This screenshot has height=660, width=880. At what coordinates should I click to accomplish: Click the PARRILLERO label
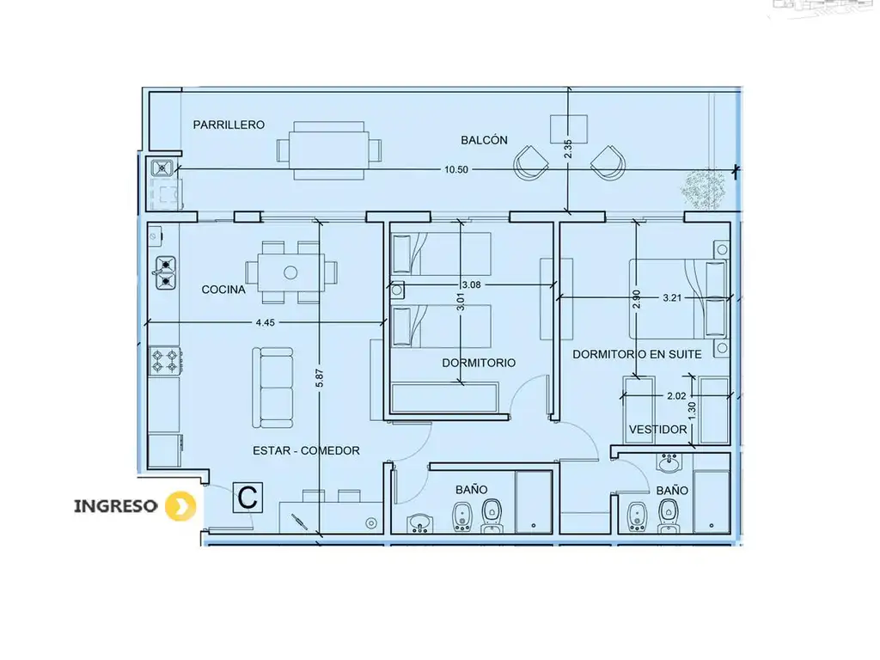pyautogui.click(x=229, y=125)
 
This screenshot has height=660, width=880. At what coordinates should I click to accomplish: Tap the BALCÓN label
pyautogui.click(x=484, y=140)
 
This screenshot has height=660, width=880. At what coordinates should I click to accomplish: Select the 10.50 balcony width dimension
pyautogui.click(x=455, y=169)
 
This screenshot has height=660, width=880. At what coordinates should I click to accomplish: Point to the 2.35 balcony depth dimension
pyautogui.click(x=568, y=149)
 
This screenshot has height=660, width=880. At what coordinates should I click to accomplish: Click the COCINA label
pyautogui.click(x=223, y=290)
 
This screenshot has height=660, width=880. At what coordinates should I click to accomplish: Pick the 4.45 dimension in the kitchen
pyautogui.click(x=265, y=323)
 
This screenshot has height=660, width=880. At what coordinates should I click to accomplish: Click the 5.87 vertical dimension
pyautogui.click(x=320, y=378)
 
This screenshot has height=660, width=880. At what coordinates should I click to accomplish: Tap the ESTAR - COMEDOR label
pyautogui.click(x=306, y=450)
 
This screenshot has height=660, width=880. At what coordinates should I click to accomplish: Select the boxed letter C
pyautogui.click(x=247, y=498)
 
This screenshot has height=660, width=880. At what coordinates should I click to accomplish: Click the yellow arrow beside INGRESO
pyautogui.click(x=180, y=505)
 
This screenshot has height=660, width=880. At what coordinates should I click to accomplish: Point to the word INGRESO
pyautogui.click(x=116, y=506)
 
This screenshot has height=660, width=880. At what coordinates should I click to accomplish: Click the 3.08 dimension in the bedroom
pyautogui.click(x=472, y=284)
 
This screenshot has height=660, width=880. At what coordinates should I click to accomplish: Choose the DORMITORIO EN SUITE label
pyautogui.click(x=637, y=354)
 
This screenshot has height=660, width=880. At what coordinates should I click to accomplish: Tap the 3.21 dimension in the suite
pyautogui.click(x=672, y=298)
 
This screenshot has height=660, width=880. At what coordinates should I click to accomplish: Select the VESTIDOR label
pyautogui.click(x=657, y=430)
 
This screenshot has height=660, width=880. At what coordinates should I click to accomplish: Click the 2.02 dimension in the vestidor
pyautogui.click(x=676, y=395)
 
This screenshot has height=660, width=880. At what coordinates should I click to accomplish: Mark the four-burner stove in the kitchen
pyautogui.click(x=165, y=361)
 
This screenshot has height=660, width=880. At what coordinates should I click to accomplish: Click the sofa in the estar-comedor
pyautogui.click(x=272, y=388)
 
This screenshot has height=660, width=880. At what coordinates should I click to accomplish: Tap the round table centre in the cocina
pyautogui.click(x=290, y=272)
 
